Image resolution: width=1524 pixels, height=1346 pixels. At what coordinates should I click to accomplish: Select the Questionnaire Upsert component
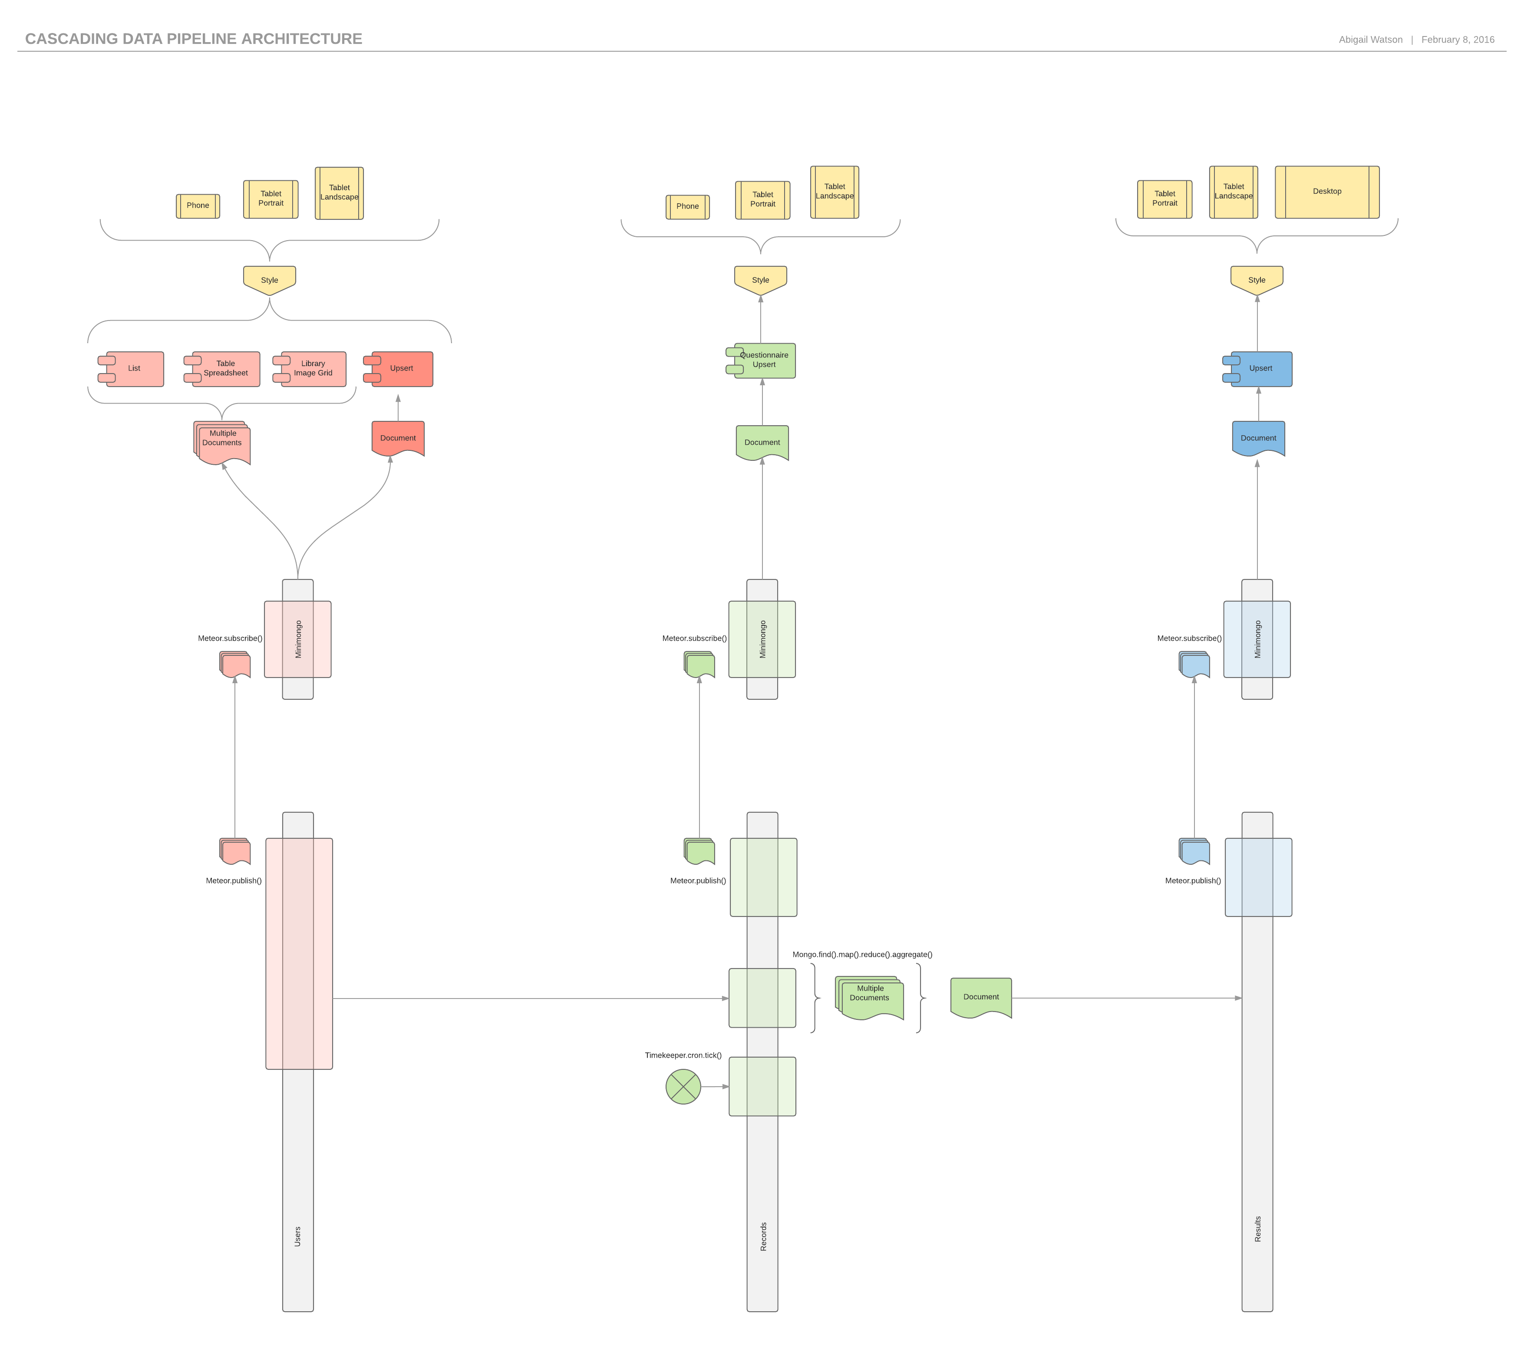tap(764, 361)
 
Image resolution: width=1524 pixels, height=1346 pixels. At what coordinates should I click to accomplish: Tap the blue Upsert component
tap(1261, 369)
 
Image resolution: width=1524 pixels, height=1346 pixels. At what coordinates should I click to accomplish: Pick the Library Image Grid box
tap(313, 369)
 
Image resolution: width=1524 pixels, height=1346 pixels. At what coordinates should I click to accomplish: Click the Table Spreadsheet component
tap(226, 369)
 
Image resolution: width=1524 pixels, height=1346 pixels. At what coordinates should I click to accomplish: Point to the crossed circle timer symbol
tap(683, 1087)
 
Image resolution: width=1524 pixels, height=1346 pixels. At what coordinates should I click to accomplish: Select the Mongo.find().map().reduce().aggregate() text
tap(862, 955)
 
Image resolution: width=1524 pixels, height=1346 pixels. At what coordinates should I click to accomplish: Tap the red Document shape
tap(398, 439)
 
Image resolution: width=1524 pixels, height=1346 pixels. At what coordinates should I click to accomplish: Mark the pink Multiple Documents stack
tap(223, 441)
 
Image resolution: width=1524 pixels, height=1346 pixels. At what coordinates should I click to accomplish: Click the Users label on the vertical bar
tap(297, 1237)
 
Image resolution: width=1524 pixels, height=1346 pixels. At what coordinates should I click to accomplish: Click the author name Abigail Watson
tap(1370, 40)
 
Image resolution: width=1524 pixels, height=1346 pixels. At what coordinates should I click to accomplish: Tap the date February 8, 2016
tap(1458, 40)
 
